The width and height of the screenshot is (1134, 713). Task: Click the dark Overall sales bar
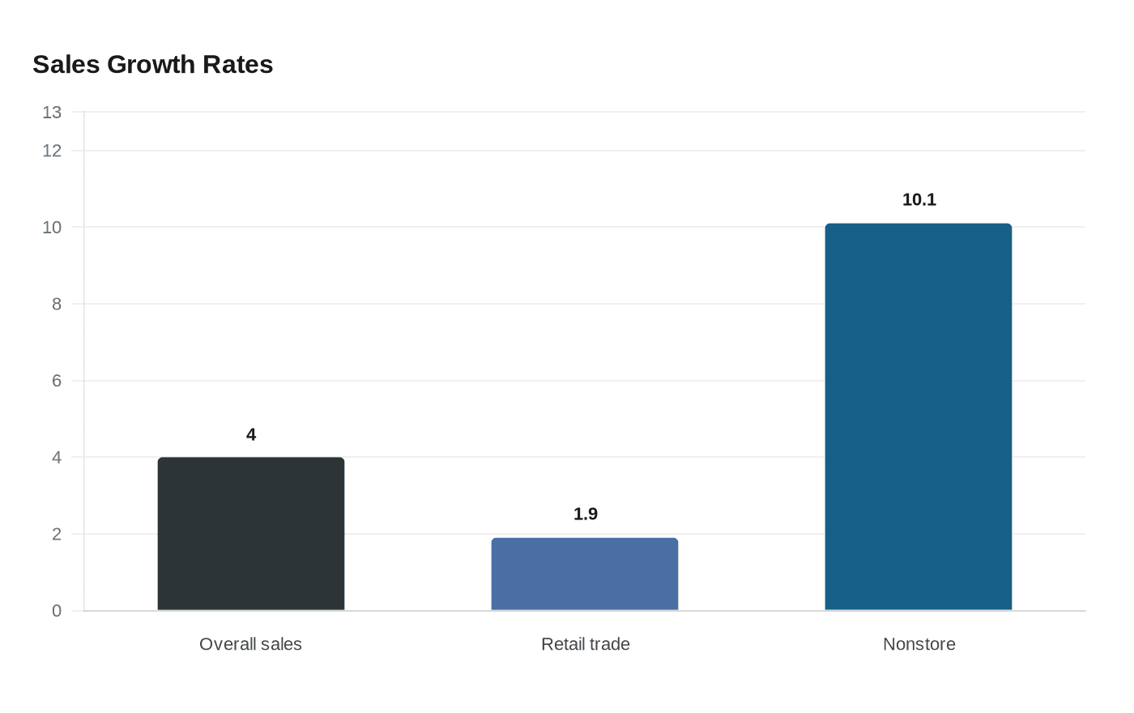pyautogui.click(x=251, y=534)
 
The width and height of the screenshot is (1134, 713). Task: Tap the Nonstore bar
pyautogui.click(x=919, y=416)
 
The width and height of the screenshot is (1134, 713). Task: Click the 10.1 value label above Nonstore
pyautogui.click(x=919, y=200)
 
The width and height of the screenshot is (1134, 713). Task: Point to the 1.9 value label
pyautogui.click(x=586, y=514)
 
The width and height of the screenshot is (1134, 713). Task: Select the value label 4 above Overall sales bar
pyautogui.click(x=251, y=435)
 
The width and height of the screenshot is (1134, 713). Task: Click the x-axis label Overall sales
pyautogui.click(x=250, y=644)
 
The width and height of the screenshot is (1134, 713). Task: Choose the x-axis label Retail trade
pyautogui.click(x=586, y=644)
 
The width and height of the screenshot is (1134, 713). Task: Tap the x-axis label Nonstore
pyautogui.click(x=919, y=644)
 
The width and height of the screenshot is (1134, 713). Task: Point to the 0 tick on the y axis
pyautogui.click(x=57, y=611)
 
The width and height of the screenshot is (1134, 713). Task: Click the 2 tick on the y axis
pyautogui.click(x=57, y=534)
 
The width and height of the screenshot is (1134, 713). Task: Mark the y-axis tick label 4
pyautogui.click(x=57, y=458)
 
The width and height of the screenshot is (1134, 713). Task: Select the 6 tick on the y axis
pyautogui.click(x=57, y=381)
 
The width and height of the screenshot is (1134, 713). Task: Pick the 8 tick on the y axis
pyautogui.click(x=57, y=304)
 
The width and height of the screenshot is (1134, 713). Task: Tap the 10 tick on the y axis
pyautogui.click(x=52, y=228)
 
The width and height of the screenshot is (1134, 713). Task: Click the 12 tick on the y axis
pyautogui.click(x=52, y=151)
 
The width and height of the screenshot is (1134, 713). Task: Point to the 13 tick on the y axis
pyautogui.click(x=52, y=113)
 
